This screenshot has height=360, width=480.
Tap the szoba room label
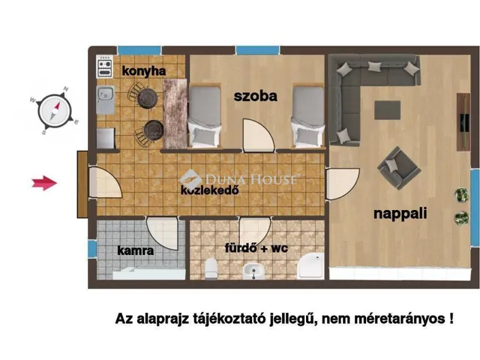tap(255, 97)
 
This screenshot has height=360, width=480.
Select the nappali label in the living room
tap(400, 214)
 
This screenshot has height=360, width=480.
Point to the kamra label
tap(135, 251)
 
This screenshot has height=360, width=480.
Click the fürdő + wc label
tap(256, 247)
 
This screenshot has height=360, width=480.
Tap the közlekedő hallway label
tap(209, 190)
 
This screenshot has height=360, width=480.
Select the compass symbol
tap(53, 110)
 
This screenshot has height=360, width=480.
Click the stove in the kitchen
tap(104, 69)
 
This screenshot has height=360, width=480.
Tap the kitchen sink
tap(105, 95)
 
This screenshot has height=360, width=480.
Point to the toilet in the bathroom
tap(211, 266)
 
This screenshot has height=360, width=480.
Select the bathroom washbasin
tap(258, 271)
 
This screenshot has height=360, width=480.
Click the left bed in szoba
tap(205, 115)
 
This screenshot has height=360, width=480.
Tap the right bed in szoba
tap(307, 115)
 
